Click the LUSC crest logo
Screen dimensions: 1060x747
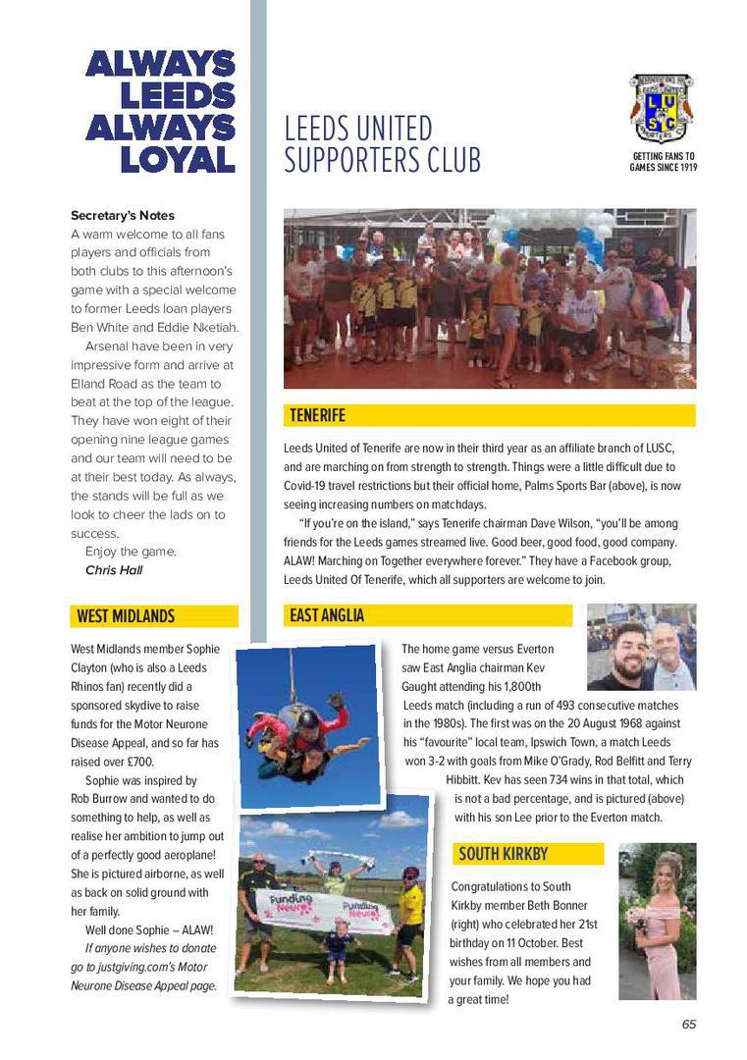point(662,108)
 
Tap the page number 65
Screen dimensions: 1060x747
point(688,1024)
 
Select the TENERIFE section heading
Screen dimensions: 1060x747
point(317,415)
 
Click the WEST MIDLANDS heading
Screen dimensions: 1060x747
point(125,616)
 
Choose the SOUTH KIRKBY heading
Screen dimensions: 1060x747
point(503,854)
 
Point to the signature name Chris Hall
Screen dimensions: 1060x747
point(114,570)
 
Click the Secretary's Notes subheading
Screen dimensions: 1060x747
point(123,215)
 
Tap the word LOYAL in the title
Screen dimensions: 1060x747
point(177,159)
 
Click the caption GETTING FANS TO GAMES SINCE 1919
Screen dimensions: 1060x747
point(663,162)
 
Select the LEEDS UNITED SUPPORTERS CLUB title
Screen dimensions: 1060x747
point(382,144)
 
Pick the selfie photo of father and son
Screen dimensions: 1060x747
point(641,647)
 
